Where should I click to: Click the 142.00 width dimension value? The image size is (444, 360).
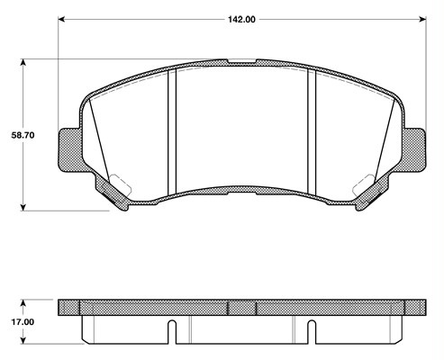(x=241, y=20)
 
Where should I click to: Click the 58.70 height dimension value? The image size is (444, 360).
(x=23, y=135)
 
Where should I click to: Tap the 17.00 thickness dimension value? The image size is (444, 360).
(x=23, y=322)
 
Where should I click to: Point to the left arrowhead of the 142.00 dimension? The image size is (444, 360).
(x=61, y=20)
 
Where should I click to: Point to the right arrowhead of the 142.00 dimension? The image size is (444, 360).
(x=422, y=20)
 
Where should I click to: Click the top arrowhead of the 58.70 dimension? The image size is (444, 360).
(x=23, y=62)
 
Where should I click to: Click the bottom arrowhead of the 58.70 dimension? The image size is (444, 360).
(x=23, y=207)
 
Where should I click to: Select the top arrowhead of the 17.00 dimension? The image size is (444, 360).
(x=23, y=303)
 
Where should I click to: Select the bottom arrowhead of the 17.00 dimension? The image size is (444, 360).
(x=23, y=340)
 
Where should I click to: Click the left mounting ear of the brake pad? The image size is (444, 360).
(x=69, y=150)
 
